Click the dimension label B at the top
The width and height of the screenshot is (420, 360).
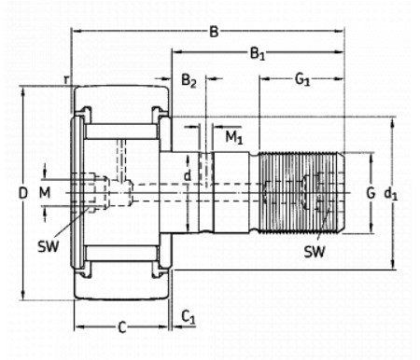(x=214, y=32)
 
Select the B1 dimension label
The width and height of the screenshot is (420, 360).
(x=258, y=54)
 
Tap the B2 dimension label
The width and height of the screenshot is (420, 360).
(x=189, y=80)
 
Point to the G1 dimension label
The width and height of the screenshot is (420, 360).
(x=302, y=79)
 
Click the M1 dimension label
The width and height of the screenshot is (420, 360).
(x=233, y=137)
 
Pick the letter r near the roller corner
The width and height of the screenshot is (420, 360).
(x=66, y=79)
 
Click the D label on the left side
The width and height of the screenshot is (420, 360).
(x=23, y=193)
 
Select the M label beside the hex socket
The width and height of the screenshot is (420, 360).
(x=45, y=193)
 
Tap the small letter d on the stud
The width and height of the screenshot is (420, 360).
(x=188, y=176)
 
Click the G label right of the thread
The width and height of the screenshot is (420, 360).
(x=371, y=193)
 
